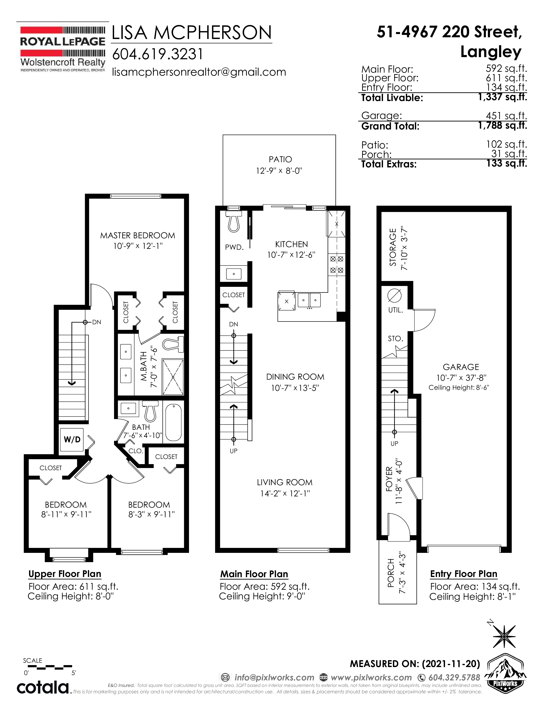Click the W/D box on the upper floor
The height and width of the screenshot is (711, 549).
point(72,440)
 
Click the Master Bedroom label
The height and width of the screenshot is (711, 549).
point(138,235)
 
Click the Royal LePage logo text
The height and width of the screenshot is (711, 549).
point(63,41)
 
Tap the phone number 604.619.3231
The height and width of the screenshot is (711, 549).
point(158,54)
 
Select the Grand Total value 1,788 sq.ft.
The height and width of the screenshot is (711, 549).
point(502,125)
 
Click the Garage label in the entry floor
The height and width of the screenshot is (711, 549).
point(461,367)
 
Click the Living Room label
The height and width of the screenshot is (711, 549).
point(285,482)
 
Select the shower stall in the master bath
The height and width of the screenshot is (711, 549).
point(173,377)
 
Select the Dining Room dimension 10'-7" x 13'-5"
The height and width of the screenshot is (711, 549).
point(295,388)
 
